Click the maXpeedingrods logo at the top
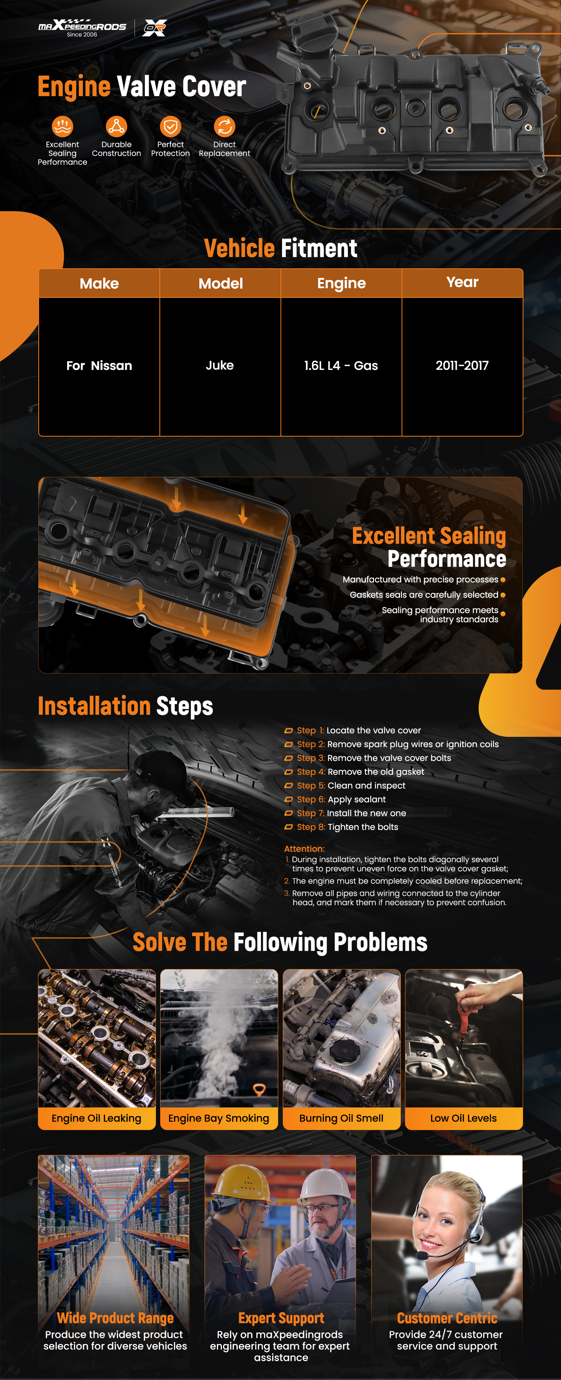(x=82, y=27)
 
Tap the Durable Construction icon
(x=116, y=127)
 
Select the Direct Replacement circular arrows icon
(x=224, y=127)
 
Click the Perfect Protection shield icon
(x=170, y=127)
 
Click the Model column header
(x=221, y=283)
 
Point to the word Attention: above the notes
(x=304, y=849)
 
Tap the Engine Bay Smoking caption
(x=218, y=1118)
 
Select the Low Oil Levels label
(x=464, y=1118)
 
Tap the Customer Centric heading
(x=447, y=1318)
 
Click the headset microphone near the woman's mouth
(x=423, y=1255)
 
